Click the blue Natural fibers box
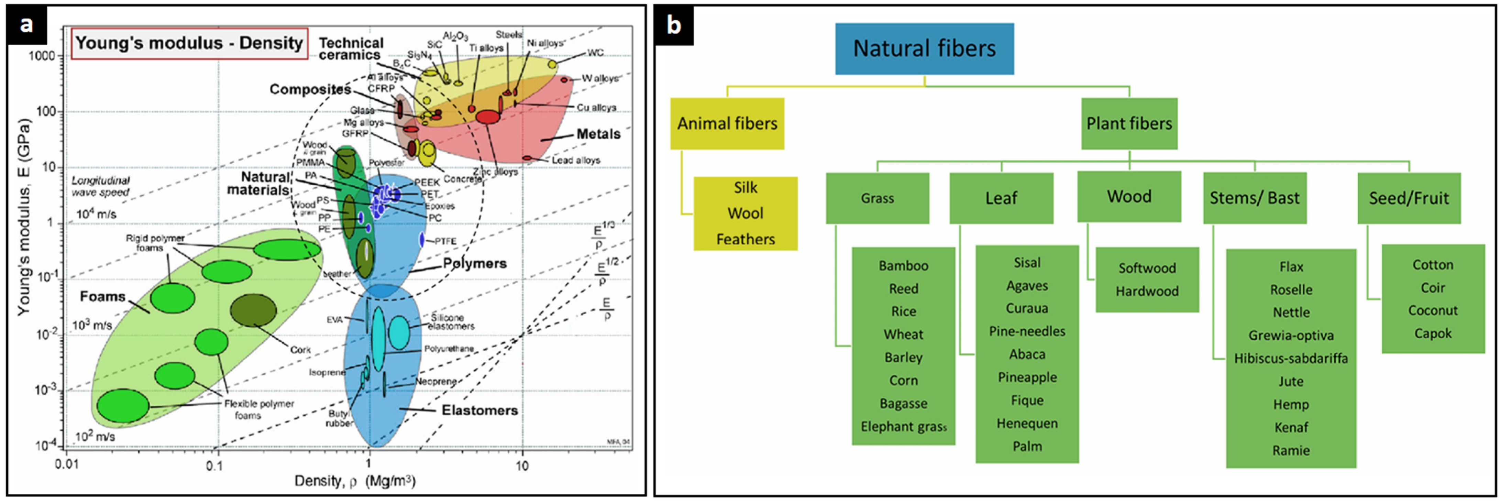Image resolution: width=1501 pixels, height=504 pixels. (x=924, y=48)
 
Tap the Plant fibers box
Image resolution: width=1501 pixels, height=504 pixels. (x=1129, y=123)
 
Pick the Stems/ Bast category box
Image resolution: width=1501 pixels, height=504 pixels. (x=1255, y=198)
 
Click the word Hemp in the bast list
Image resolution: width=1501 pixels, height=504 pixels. (x=1291, y=404)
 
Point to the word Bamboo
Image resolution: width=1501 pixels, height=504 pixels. (x=903, y=266)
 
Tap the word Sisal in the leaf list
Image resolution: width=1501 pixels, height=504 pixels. (x=1027, y=263)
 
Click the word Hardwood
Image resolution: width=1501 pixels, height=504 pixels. (x=1147, y=291)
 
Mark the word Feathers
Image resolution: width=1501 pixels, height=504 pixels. (x=745, y=239)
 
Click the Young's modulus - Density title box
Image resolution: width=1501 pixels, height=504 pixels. (x=189, y=43)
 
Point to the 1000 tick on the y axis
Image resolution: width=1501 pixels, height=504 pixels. (x=42, y=56)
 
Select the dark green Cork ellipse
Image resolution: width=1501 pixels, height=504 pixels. (x=253, y=310)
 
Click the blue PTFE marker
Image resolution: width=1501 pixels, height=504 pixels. (x=421, y=240)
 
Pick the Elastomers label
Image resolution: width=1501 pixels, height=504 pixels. (x=479, y=410)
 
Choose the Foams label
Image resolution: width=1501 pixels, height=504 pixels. (x=102, y=297)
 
